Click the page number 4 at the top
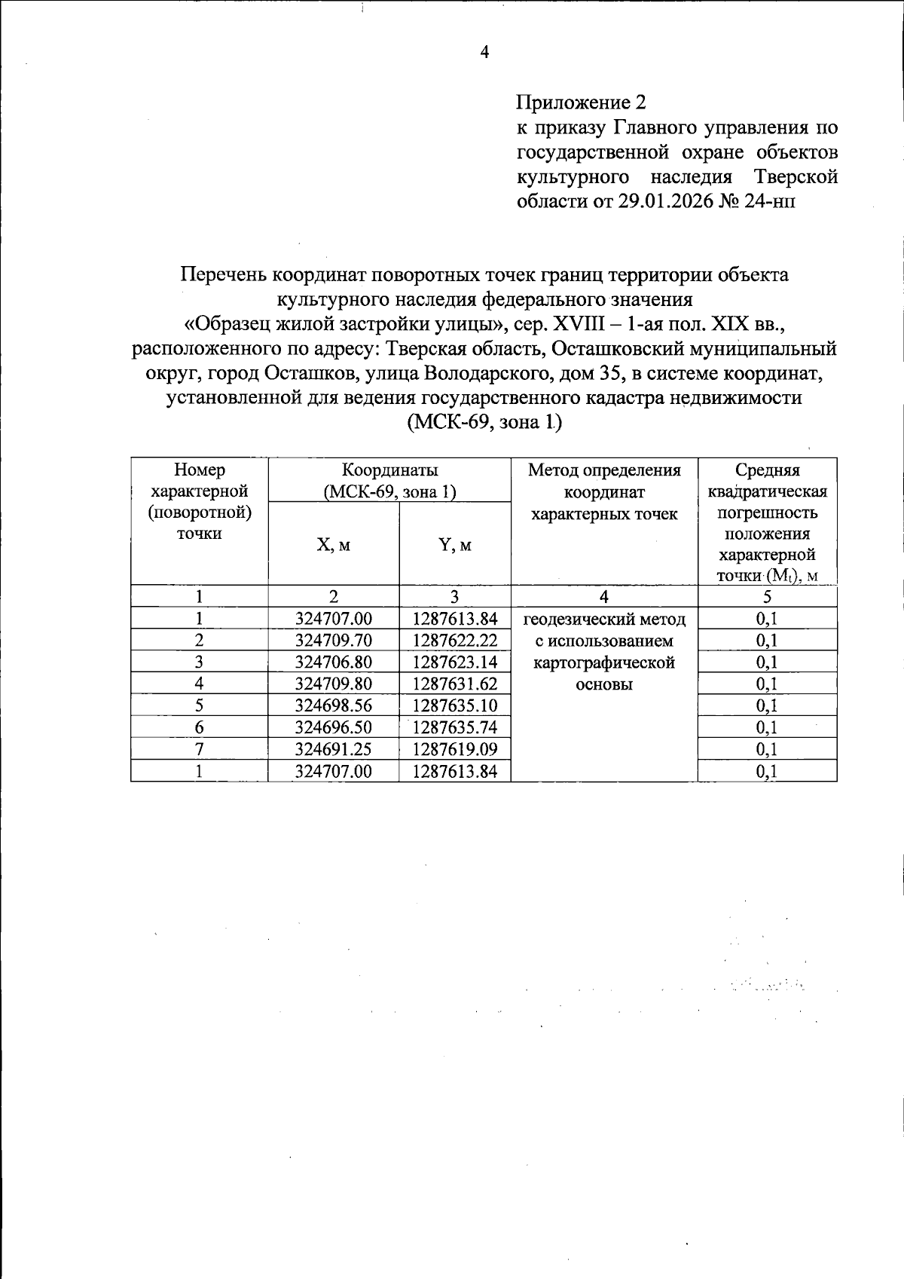coord(484,52)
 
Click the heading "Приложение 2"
coord(581,102)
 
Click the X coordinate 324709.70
coord(333,641)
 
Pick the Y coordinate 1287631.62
coord(455,684)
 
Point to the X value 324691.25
coord(333,749)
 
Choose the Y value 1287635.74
coord(455,727)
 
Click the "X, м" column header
coord(333,545)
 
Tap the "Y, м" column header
coord(455,545)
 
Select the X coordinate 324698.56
coord(333,705)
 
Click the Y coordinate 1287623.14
coord(455,662)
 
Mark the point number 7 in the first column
coord(199,749)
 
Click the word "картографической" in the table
coord(604,663)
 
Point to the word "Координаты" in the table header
coord(389,470)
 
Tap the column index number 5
coord(767,597)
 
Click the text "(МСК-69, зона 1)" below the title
coord(484,422)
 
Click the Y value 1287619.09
coord(455,749)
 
